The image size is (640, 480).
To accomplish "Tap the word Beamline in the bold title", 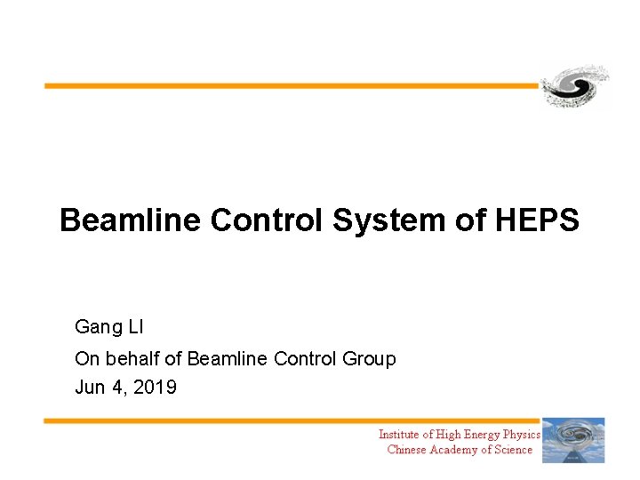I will coord(131,220).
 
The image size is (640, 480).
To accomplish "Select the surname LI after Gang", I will coord(135,327).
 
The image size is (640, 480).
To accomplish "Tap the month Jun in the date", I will coord(91,388).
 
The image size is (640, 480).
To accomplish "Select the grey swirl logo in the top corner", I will coord(576,87).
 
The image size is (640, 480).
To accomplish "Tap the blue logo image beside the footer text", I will coord(573,440).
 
